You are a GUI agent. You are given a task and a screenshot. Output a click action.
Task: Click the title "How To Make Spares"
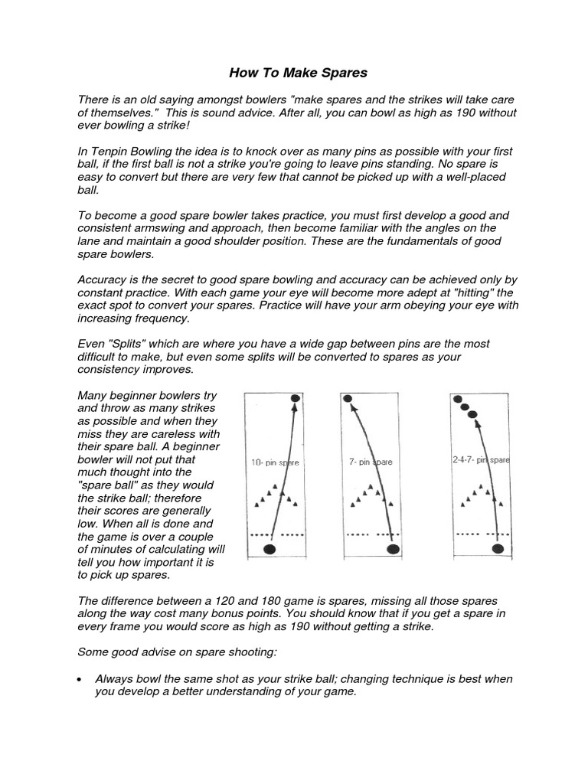299,73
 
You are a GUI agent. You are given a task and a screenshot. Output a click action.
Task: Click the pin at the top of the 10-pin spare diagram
296,399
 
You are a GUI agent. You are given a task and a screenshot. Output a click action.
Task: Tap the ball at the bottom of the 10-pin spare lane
269,549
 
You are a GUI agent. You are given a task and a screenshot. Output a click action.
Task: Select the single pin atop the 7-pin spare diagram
348,398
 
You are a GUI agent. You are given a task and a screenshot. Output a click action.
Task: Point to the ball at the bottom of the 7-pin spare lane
394,549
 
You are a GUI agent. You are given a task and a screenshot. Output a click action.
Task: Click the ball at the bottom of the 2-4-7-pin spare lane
498,548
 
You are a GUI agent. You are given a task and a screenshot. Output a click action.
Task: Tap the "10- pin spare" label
275,462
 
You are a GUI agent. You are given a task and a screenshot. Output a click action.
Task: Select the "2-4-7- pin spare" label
480,460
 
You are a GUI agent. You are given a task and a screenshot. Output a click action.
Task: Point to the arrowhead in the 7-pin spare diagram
353,410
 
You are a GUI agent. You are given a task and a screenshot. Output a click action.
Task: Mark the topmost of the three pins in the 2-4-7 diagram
457,399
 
